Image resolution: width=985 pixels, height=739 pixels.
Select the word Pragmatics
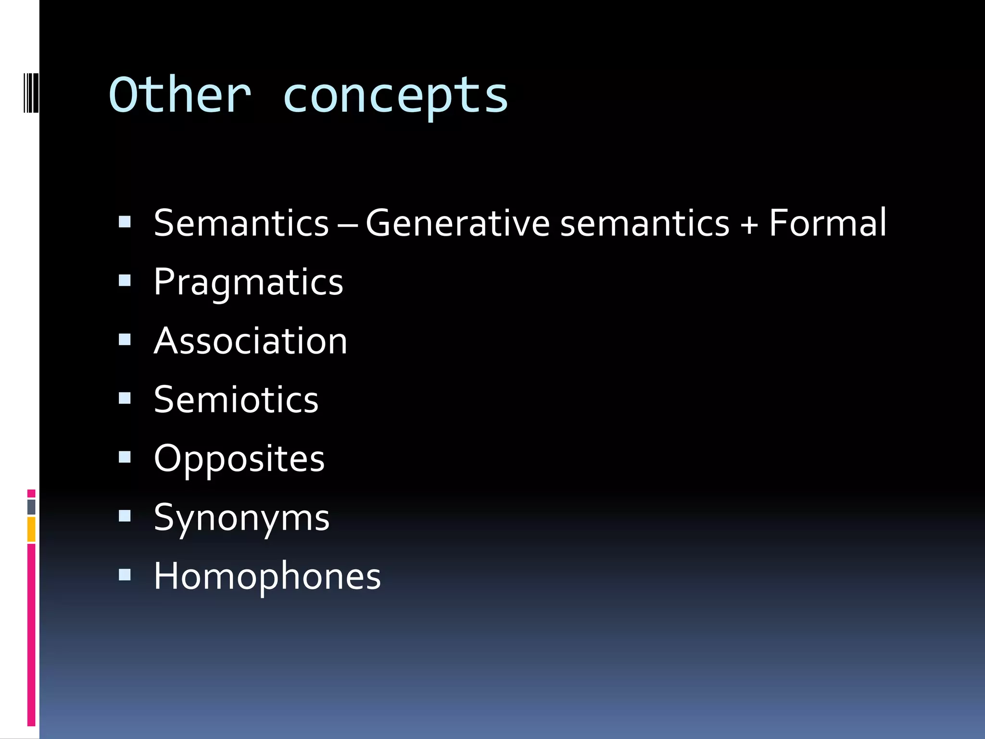point(248,282)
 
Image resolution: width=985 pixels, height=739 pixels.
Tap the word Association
point(250,341)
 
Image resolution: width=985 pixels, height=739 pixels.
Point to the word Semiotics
point(236,400)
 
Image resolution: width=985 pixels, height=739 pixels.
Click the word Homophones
point(267,576)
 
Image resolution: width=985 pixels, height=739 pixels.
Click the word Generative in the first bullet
point(457,223)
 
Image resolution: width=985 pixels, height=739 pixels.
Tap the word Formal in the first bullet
point(827,223)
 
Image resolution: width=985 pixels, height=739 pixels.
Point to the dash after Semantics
point(347,224)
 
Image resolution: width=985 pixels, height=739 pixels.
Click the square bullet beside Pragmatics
point(125,280)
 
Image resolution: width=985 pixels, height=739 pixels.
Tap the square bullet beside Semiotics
point(125,398)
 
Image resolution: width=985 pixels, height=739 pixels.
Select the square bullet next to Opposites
point(125,457)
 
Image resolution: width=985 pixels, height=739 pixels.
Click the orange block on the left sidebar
point(31,529)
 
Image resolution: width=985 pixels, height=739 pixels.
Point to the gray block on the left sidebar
point(31,507)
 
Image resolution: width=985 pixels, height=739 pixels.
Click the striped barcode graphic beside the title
point(31,92)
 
